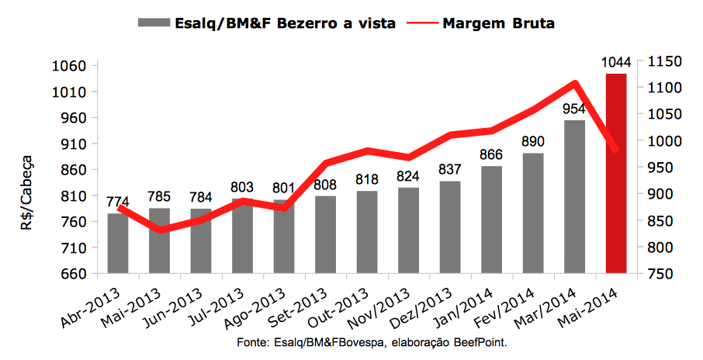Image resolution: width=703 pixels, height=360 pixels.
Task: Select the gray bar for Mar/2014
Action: pos(575,197)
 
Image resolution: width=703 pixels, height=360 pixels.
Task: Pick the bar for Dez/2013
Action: pos(450,227)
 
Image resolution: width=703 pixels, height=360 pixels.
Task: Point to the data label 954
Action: pos(575,109)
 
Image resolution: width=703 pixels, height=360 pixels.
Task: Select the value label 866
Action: pos(491,154)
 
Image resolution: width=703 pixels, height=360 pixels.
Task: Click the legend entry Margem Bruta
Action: pos(499,23)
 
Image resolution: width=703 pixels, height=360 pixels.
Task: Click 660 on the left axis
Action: pos(70,274)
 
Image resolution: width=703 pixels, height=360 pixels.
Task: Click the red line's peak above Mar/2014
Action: pos(575,83)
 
